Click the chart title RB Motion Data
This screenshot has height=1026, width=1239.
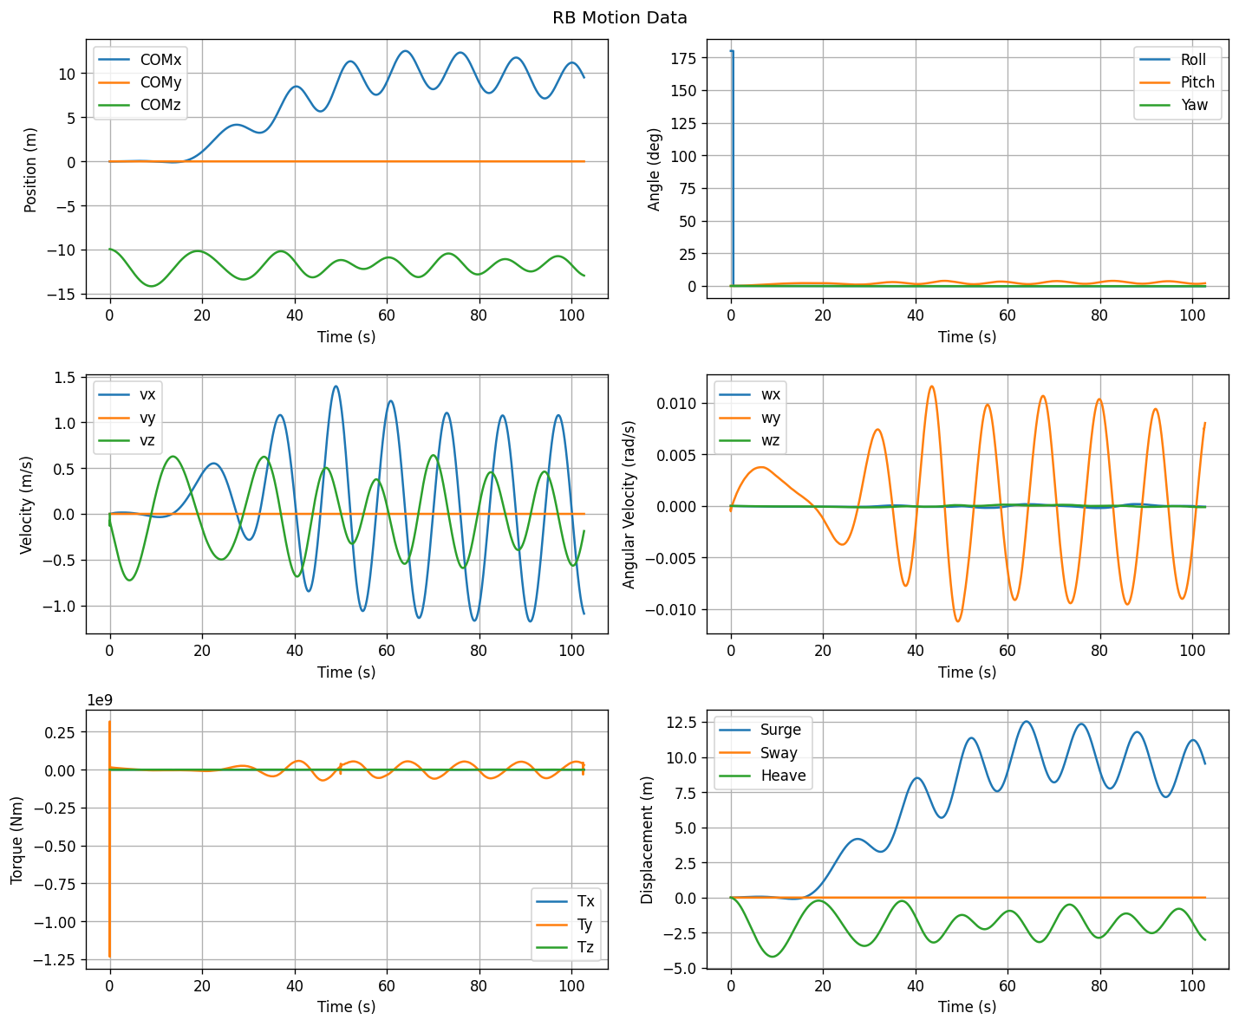pyautogui.click(x=619, y=18)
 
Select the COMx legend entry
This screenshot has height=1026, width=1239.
pyautogui.click(x=140, y=59)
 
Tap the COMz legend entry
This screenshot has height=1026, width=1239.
pyautogui.click(x=140, y=104)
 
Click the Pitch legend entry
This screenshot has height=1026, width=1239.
pyautogui.click(x=1176, y=81)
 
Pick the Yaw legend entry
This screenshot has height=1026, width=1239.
pyautogui.click(x=1173, y=104)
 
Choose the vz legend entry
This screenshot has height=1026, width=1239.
pyautogui.click(x=127, y=440)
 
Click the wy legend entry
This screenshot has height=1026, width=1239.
pyautogui.click(x=749, y=418)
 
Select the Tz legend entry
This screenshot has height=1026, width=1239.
pyautogui.click(x=564, y=947)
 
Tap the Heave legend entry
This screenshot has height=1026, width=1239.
pyautogui.click(x=762, y=776)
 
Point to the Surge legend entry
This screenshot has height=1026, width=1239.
pyautogui.click(x=760, y=730)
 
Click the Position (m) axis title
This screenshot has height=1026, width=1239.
pyautogui.click(x=30, y=170)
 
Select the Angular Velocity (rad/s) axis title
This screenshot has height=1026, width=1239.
pyautogui.click(x=629, y=504)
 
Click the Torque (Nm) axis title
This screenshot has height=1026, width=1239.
pyautogui.click(x=16, y=840)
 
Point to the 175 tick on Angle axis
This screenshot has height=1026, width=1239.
pyautogui.click(x=683, y=58)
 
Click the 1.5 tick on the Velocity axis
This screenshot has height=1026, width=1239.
pyautogui.click(x=64, y=377)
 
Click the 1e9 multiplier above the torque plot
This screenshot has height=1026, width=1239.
pyautogui.click(x=100, y=700)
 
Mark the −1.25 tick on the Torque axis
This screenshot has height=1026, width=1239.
pyautogui.click(x=55, y=959)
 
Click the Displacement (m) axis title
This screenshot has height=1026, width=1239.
pyautogui.click(x=646, y=840)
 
